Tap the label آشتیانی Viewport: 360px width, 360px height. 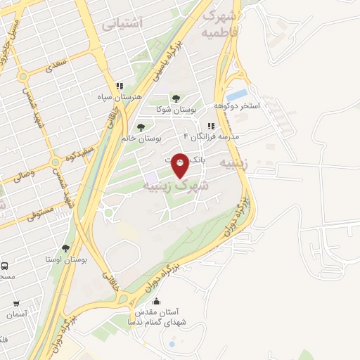click(122, 25)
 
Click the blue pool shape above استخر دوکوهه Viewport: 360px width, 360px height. click(237, 94)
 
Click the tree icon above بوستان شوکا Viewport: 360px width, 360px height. click(175, 98)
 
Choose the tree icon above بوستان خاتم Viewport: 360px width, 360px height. click(141, 127)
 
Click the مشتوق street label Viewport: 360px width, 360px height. click(33, 212)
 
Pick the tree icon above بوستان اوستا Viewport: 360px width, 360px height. click(65, 248)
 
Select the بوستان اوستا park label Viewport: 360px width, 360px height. click(65, 260)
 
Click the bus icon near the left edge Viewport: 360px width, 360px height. click(5, 266)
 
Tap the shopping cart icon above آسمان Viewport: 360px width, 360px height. click(16, 304)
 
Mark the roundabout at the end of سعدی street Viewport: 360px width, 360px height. click(22, 75)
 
